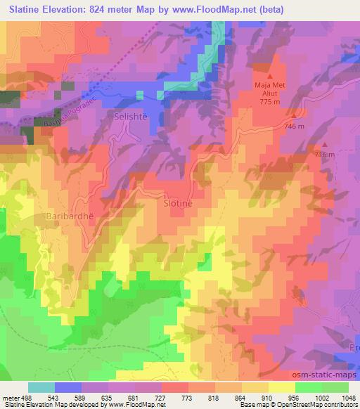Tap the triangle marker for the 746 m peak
click(x=296, y=116)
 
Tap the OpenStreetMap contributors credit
click(x=319, y=405)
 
